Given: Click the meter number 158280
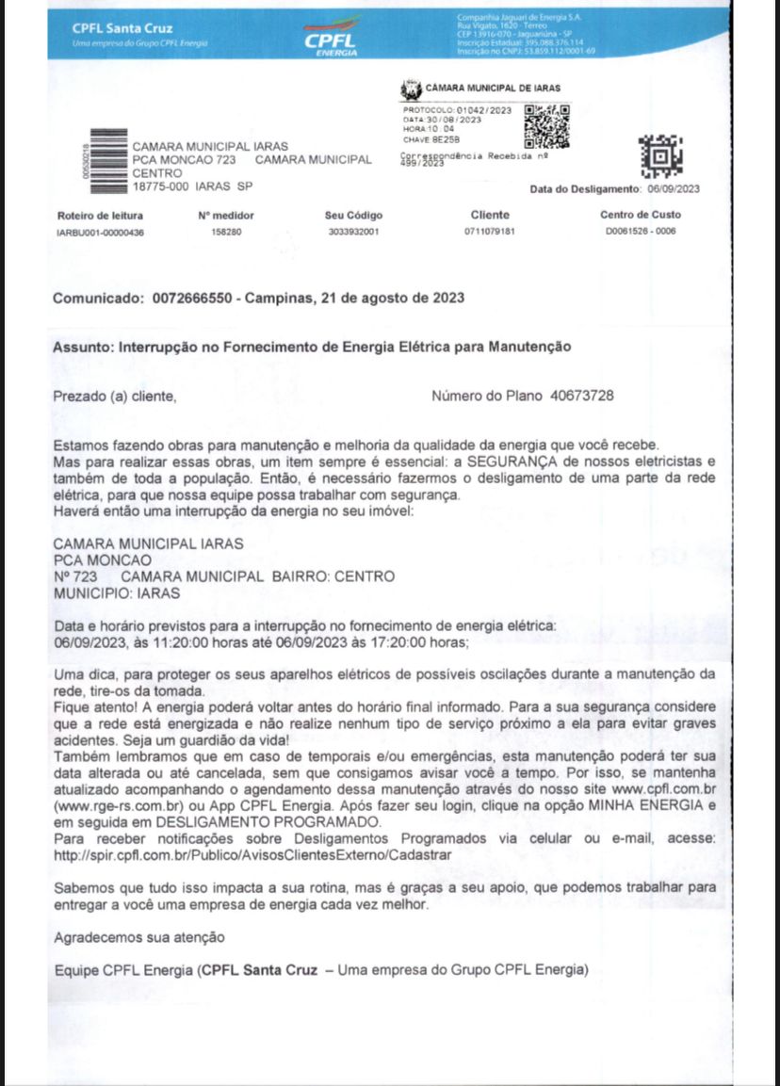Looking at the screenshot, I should click(x=226, y=232).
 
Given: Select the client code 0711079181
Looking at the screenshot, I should click(x=490, y=232).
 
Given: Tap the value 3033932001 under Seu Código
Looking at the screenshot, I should click(x=354, y=232).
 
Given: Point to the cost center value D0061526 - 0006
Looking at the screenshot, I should click(x=641, y=232).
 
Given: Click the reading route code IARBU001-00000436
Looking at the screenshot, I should click(x=101, y=232).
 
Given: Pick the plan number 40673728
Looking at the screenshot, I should click(x=581, y=396).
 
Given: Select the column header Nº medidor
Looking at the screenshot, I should click(x=226, y=216).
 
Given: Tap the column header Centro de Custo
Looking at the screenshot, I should click(x=641, y=216).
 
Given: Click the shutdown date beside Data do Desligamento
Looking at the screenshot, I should click(x=674, y=188).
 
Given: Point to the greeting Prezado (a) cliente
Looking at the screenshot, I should click(x=114, y=397).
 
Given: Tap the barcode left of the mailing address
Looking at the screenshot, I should click(x=106, y=159).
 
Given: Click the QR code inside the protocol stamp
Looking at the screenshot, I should click(x=545, y=125).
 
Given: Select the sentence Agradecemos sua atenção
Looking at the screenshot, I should click(x=139, y=938).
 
